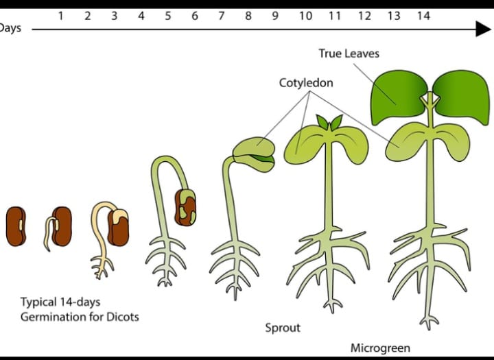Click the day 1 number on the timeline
[x=61, y=15]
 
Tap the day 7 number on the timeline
[x=221, y=15]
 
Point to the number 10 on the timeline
[x=306, y=15]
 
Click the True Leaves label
[x=349, y=53]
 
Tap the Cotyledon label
[x=306, y=83]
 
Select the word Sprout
[x=283, y=328]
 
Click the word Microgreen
[x=380, y=348]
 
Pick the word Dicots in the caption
[x=121, y=317]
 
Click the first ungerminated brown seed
[x=16, y=226]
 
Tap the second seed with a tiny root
[x=60, y=226]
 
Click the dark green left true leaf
[x=395, y=96]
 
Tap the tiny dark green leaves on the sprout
[x=329, y=123]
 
